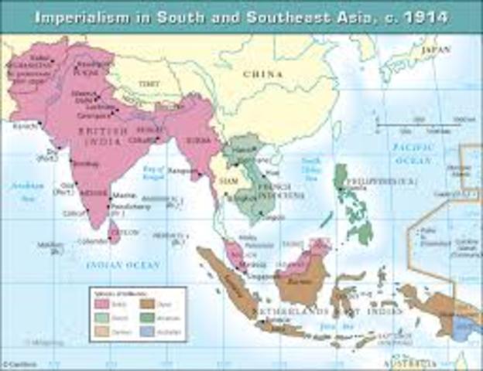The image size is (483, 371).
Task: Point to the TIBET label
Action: pos(148,82)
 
